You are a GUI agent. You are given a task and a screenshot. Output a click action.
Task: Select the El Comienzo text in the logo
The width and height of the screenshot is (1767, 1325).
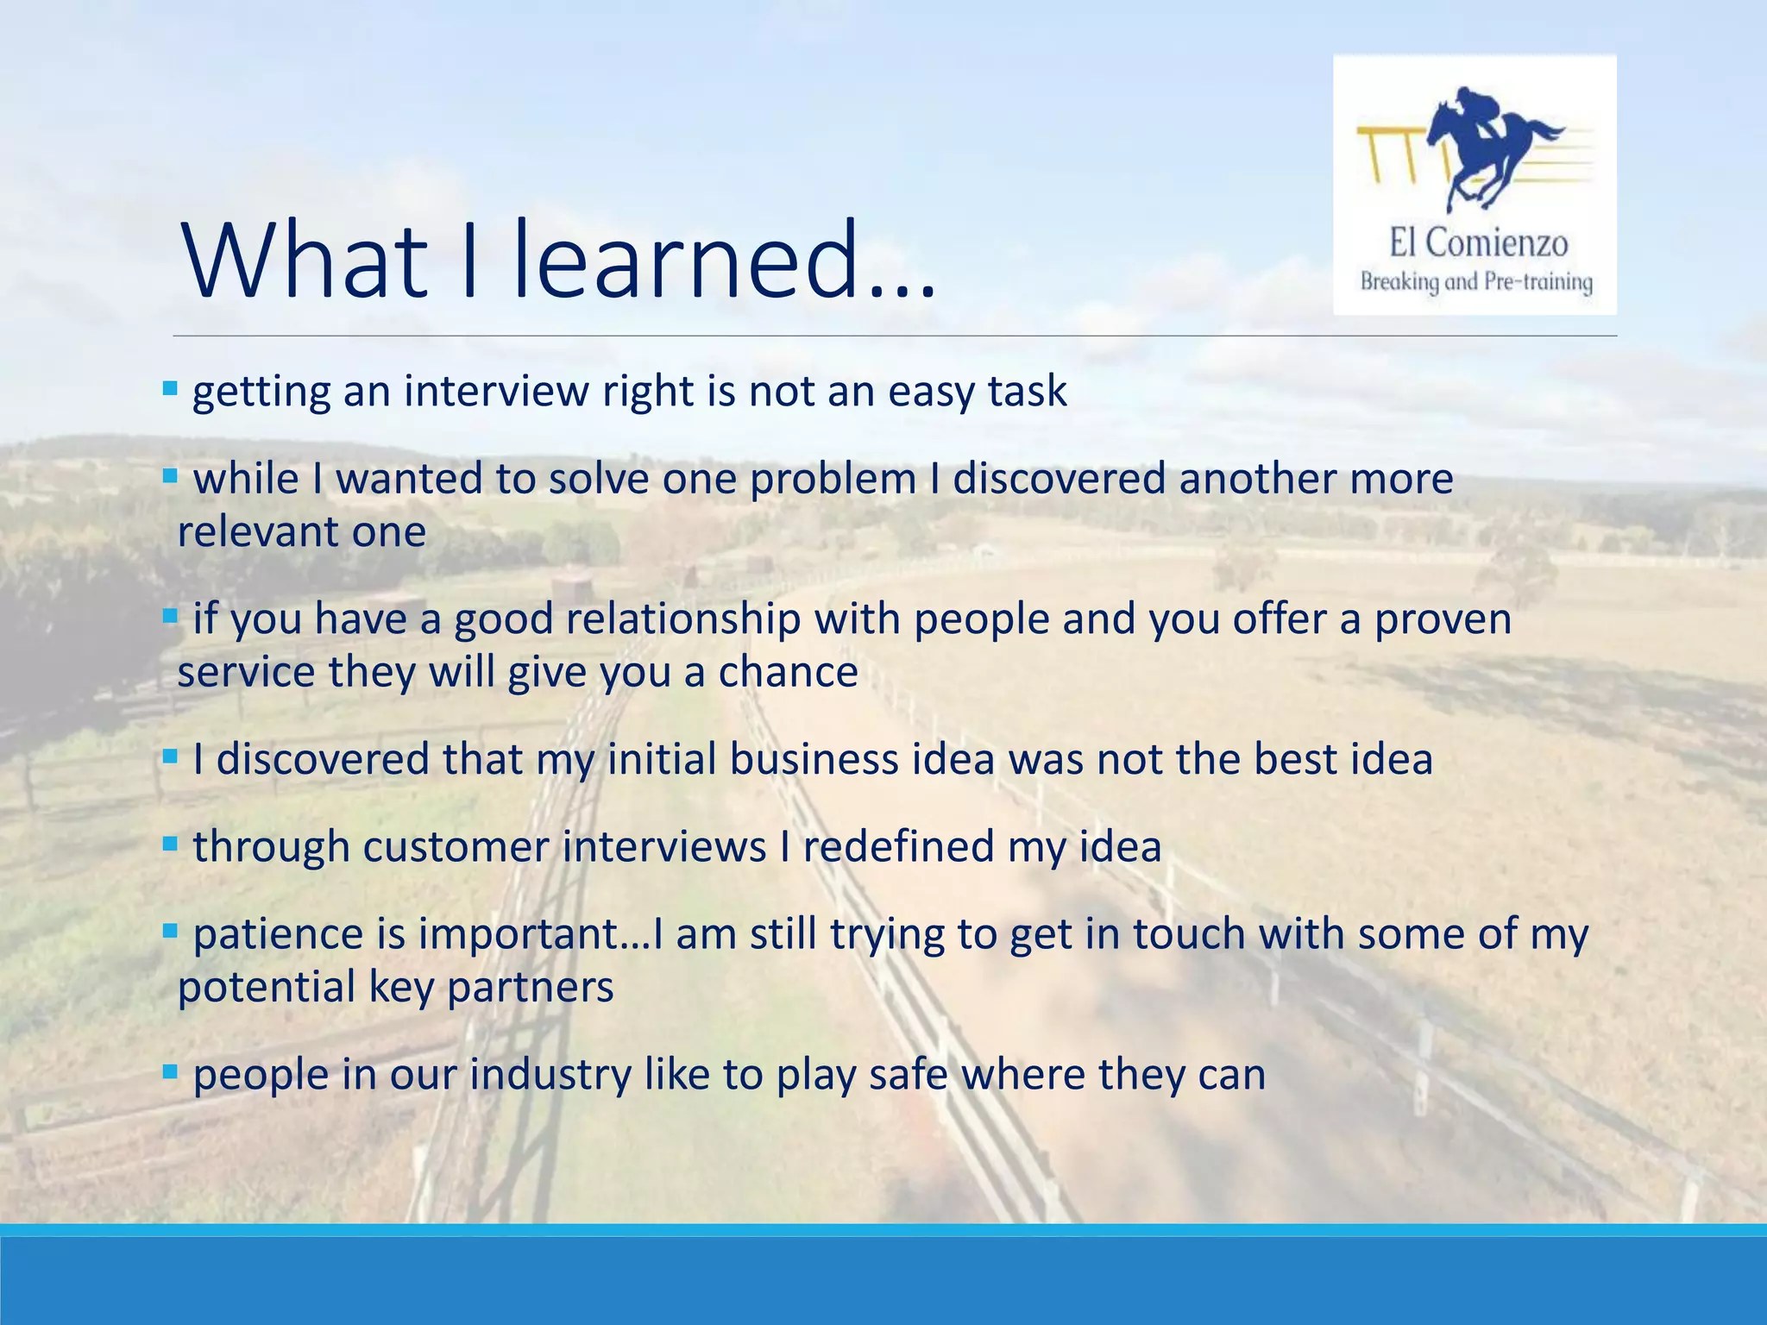1477,243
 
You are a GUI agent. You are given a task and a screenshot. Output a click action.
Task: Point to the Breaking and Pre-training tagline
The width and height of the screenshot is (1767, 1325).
1476,282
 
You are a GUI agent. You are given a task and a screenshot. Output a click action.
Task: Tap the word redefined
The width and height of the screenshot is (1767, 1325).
898,847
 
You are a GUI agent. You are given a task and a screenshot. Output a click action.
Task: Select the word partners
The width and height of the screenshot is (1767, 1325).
531,988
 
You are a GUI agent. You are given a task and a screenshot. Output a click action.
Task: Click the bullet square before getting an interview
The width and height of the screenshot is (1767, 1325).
170,388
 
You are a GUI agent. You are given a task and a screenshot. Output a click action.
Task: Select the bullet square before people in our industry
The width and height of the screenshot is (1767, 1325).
170,1072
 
